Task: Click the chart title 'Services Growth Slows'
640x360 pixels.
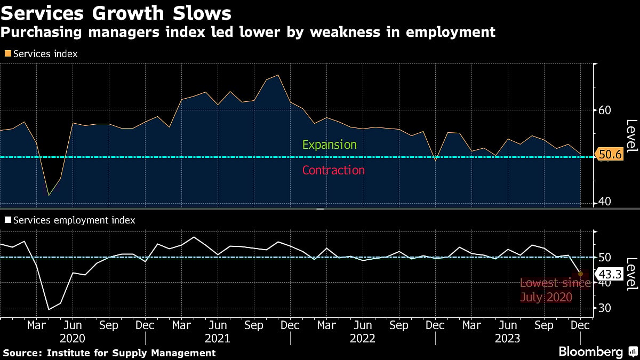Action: tap(116, 13)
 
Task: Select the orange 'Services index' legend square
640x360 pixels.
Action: tap(7, 54)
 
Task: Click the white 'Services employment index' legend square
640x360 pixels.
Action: tap(7, 220)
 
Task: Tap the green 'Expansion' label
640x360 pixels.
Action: tap(329, 145)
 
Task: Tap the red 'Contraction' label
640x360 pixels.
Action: tap(333, 170)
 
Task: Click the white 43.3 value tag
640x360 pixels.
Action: tap(607, 275)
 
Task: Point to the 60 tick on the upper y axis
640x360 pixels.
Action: tap(605, 110)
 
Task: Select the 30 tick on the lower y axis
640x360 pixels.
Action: tap(605, 308)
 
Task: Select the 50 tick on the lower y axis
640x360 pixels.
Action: tap(605, 258)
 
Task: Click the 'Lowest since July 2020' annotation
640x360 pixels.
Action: tap(555, 290)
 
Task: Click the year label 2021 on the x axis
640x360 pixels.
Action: tap(218, 339)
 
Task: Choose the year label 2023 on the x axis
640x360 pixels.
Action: tap(507, 339)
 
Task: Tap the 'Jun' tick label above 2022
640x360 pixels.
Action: tap(363, 325)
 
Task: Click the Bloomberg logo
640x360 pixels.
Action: tap(590, 352)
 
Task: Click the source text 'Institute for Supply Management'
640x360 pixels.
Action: tap(131, 353)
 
